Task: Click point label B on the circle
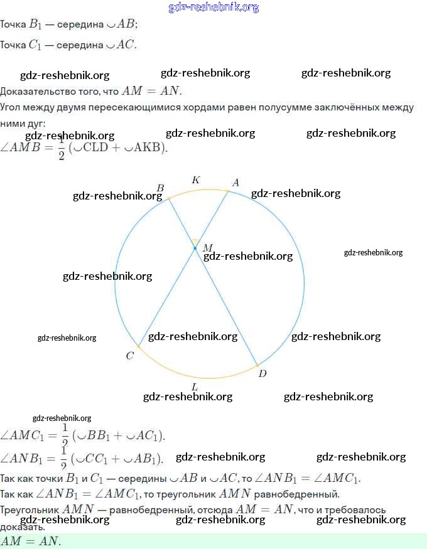(160, 188)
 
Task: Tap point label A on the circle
(236, 183)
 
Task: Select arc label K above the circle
(196, 180)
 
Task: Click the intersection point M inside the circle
(195, 248)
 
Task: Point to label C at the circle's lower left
(129, 356)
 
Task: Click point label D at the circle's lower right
(262, 373)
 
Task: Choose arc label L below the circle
(195, 386)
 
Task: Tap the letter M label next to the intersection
(207, 248)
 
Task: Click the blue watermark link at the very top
(213, 8)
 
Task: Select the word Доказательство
(38, 91)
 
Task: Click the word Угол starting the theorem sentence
(11, 107)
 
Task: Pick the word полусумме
(278, 107)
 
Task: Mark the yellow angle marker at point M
(195, 242)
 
